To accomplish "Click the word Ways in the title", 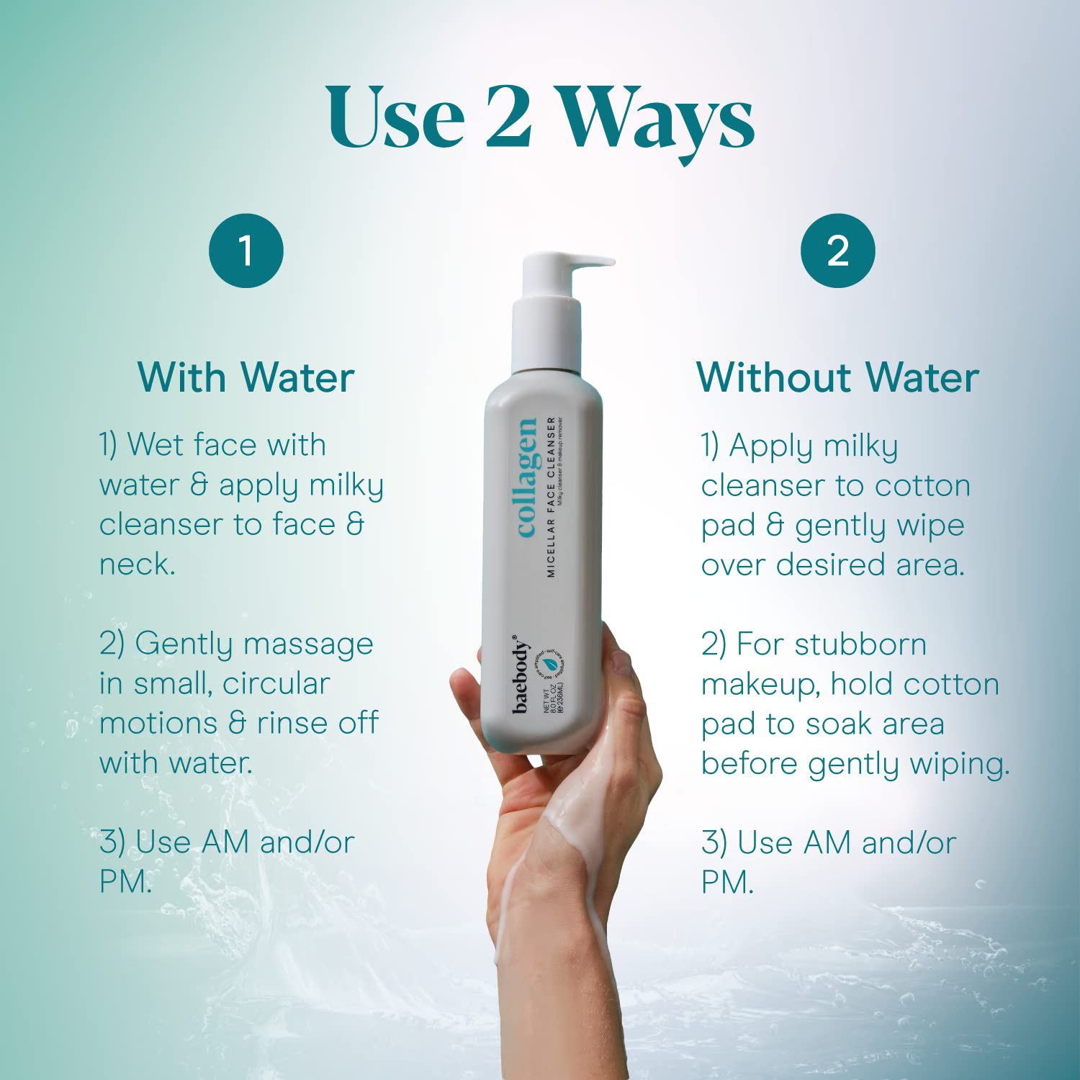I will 657,119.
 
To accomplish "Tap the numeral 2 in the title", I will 508,117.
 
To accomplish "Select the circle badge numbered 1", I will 246,251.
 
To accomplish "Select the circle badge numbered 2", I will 837,251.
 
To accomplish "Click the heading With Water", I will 246,377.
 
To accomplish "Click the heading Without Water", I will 837,377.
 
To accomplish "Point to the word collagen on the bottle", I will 526,477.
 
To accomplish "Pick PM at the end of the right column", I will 726,883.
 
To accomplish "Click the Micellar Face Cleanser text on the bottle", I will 551,497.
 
